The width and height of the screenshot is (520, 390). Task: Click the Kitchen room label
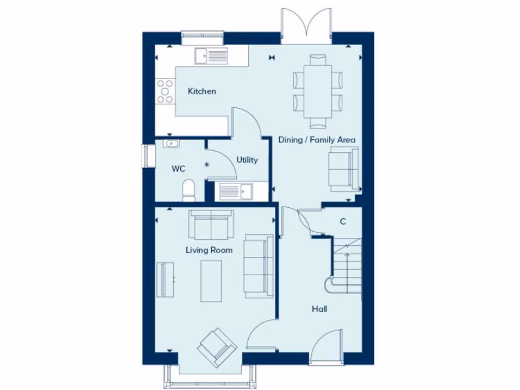(202, 91)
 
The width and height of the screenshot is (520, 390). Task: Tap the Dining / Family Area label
(316, 140)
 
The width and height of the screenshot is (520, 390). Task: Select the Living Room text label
(209, 250)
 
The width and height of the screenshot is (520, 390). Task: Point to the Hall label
(319, 309)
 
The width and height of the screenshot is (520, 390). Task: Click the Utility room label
(247, 160)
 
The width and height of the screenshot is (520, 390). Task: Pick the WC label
(178, 169)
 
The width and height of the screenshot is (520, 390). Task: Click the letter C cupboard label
(343, 221)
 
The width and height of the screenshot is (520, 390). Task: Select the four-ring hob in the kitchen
(165, 91)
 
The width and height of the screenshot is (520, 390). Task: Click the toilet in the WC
(188, 189)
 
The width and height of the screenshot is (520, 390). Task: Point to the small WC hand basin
(171, 143)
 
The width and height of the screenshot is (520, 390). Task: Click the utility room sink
(236, 191)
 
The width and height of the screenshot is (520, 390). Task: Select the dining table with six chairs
(318, 91)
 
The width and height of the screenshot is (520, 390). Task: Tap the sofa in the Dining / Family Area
(345, 169)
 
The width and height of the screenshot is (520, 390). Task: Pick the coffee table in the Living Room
(211, 280)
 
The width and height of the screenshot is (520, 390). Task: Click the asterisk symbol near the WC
(207, 165)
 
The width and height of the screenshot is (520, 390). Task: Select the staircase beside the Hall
(346, 267)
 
